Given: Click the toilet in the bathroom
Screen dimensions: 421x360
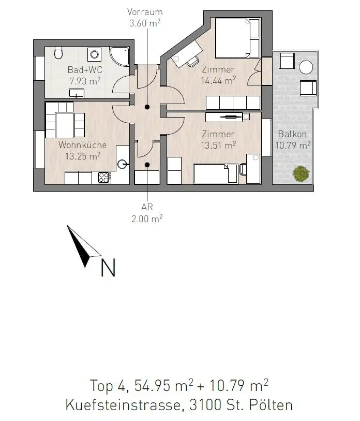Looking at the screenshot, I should pos(58,53).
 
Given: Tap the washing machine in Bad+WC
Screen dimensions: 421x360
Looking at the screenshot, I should pos(95,54).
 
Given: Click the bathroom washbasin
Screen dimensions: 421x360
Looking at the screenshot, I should pos(77,93).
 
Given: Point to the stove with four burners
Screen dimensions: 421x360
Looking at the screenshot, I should pos(104,178).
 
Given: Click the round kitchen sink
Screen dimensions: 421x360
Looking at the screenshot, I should pos(123,165).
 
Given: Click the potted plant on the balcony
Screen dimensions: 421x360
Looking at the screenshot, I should pos(299,173).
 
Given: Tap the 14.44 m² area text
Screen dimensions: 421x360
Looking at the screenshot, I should pos(218,80).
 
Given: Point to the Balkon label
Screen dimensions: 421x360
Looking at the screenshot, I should pos(292,134).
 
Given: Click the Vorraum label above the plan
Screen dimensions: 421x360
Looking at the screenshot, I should pos(145,11).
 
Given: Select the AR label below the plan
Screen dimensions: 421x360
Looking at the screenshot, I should pos(147,208).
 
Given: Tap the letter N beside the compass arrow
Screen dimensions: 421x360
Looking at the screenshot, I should pos(108,267).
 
